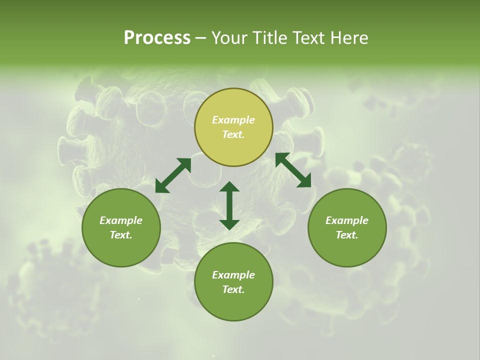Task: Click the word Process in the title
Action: click(x=157, y=38)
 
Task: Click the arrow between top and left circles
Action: click(x=173, y=175)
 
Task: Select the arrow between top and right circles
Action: click(x=293, y=170)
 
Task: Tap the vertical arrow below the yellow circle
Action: click(x=229, y=205)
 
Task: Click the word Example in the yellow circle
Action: click(x=233, y=120)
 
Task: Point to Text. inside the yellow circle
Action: click(x=233, y=134)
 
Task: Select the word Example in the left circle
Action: click(x=121, y=220)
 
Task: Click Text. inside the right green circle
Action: click(x=347, y=235)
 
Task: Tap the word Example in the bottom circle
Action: click(x=233, y=275)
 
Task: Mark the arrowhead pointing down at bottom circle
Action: click(x=229, y=223)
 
